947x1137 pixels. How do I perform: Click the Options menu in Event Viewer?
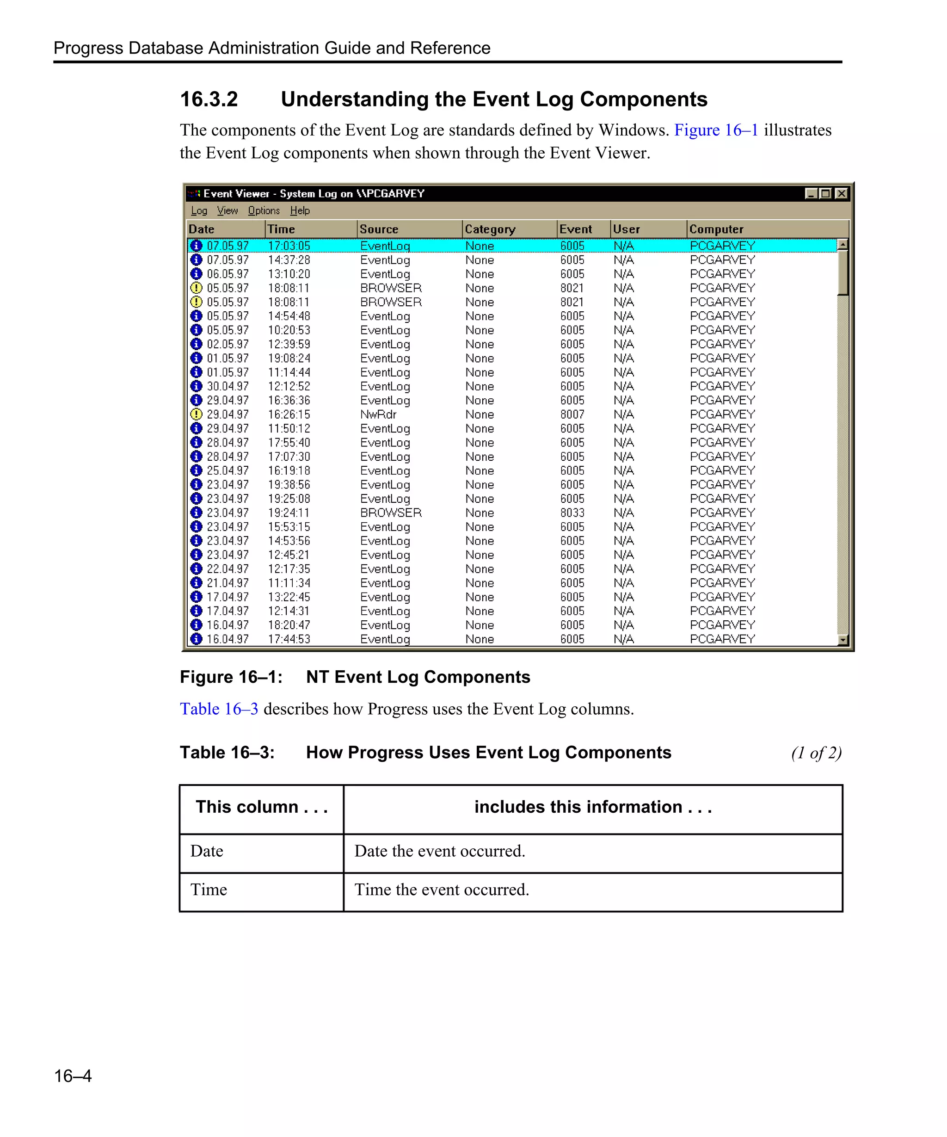click(x=264, y=210)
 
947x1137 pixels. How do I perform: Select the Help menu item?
click(x=300, y=210)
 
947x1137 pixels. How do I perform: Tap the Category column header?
click(x=490, y=229)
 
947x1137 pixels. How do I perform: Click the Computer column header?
click(x=716, y=229)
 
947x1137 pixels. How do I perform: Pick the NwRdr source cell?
click(x=378, y=414)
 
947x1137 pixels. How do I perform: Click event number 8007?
click(x=572, y=414)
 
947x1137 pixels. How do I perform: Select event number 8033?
click(x=572, y=513)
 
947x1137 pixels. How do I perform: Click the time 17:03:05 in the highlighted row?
click(x=289, y=246)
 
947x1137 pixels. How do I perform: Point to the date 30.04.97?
click(x=228, y=386)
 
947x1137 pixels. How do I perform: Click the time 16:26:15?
click(x=289, y=414)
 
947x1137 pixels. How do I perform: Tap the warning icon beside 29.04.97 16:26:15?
click(x=197, y=414)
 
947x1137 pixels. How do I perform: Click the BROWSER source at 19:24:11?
click(x=391, y=513)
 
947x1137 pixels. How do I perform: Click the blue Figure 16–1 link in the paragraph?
click(x=715, y=130)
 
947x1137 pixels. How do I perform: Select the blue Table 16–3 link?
click(x=219, y=709)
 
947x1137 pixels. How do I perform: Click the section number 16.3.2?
click(x=209, y=99)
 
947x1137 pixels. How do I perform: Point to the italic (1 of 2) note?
click(x=816, y=753)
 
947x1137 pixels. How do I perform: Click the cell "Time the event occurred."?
click(x=442, y=890)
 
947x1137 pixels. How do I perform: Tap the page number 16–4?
click(x=73, y=1075)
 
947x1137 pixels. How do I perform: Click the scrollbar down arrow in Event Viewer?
click(x=842, y=640)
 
